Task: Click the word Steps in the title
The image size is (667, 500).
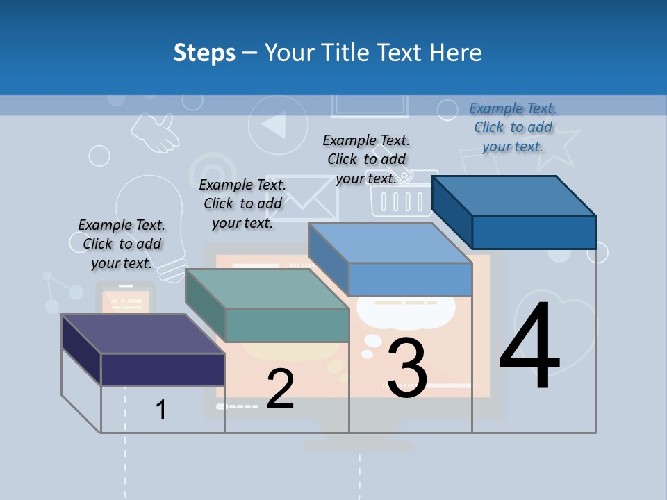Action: [204, 53]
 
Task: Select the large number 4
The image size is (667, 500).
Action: [529, 349]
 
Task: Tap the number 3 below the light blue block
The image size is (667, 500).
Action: [407, 368]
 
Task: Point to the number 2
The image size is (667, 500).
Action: [280, 389]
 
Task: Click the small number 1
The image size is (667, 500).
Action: [161, 410]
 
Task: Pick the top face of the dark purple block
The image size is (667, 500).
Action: [142, 334]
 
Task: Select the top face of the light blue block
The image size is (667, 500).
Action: [389, 243]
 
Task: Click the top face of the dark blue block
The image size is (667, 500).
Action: [513, 196]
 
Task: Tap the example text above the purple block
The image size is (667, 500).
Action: [122, 244]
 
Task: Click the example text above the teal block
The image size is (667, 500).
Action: [242, 203]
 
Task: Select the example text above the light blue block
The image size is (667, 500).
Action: [366, 159]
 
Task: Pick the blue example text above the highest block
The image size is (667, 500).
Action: [513, 127]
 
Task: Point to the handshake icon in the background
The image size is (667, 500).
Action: [156, 132]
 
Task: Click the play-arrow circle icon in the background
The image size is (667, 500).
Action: [277, 125]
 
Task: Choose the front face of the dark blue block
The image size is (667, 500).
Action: [534, 232]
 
